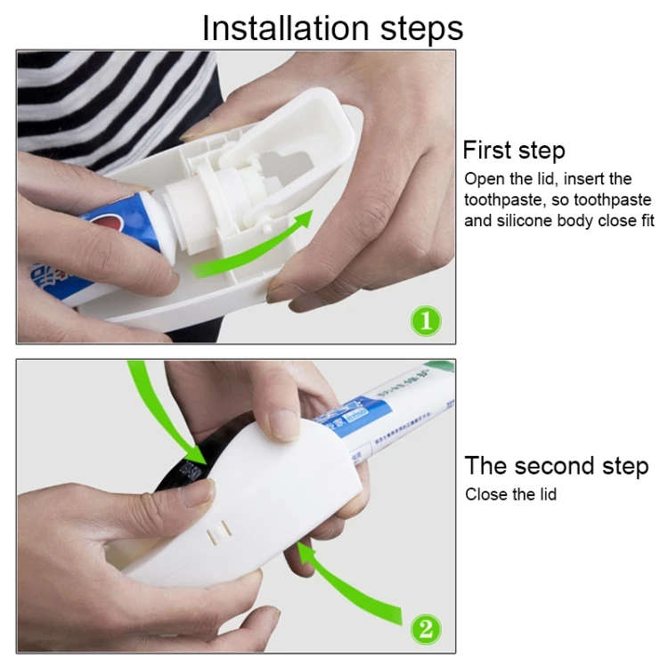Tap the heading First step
click(x=514, y=150)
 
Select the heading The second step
click(x=556, y=466)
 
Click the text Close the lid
click(x=510, y=493)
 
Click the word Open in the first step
click(x=484, y=179)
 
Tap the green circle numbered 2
click(x=425, y=629)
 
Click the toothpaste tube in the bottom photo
click(x=392, y=419)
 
